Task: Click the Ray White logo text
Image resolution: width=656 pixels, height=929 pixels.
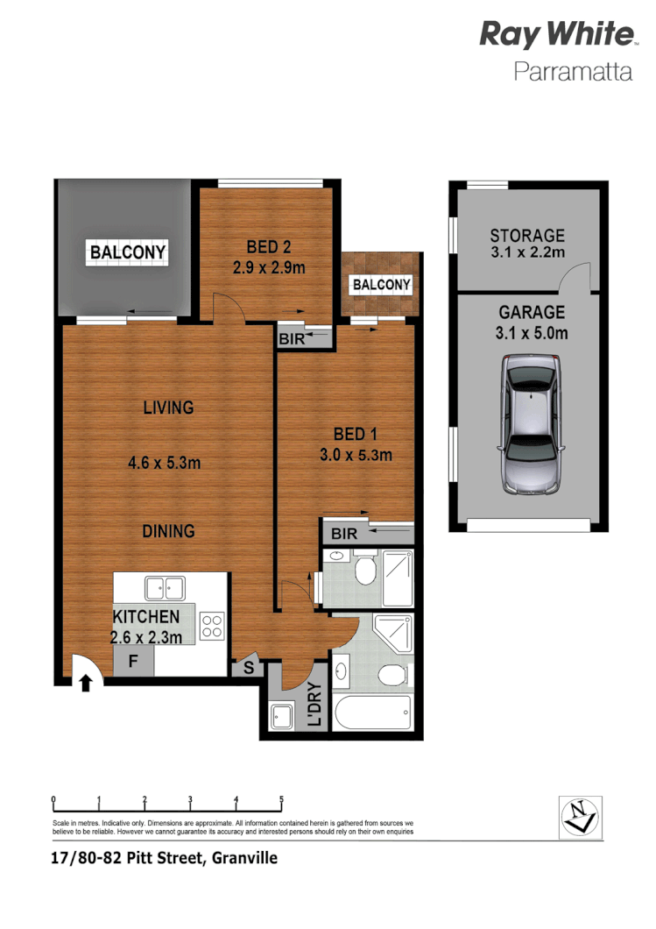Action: (557, 36)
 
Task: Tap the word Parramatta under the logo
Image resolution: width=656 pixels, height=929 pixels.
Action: (573, 72)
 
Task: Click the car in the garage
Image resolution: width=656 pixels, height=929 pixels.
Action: (530, 426)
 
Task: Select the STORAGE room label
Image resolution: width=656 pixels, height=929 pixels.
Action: (527, 235)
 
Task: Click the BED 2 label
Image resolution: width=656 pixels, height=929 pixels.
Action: (268, 246)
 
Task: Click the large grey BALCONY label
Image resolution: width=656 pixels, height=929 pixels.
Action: (128, 253)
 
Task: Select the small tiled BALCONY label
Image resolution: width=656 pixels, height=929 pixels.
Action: (381, 284)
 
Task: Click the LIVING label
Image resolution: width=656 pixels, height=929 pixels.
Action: (168, 408)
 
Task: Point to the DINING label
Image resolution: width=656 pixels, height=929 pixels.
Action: (168, 531)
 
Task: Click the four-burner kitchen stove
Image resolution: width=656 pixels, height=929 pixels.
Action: (212, 625)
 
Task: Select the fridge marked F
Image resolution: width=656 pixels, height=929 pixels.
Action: (133, 661)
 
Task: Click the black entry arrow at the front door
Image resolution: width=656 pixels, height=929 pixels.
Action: (85, 683)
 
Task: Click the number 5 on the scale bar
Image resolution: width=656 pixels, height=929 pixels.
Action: (281, 798)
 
